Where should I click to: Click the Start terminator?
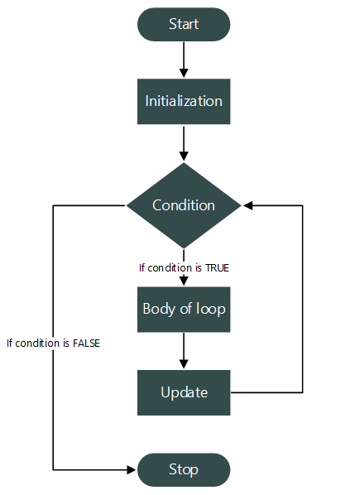click(x=184, y=24)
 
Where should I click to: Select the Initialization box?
click(x=184, y=101)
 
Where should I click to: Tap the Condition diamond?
click(x=184, y=205)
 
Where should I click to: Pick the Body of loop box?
click(x=184, y=310)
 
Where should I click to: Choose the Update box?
click(x=184, y=392)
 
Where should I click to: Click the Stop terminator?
click(x=184, y=469)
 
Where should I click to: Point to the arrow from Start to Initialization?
click(x=184, y=59)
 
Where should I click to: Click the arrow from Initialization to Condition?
click(x=184, y=142)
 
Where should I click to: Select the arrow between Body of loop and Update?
click(x=184, y=351)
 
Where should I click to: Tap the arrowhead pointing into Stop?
click(x=131, y=469)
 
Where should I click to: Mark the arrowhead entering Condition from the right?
click(x=247, y=205)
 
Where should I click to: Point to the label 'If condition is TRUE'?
click(x=184, y=268)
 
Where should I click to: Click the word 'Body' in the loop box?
click(x=157, y=310)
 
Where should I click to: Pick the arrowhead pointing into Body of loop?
click(x=184, y=281)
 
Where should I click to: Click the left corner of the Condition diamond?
click(x=127, y=205)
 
